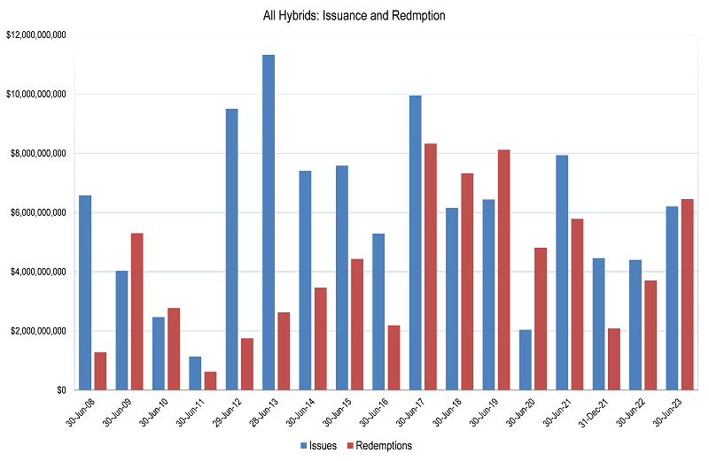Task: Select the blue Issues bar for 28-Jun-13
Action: (x=268, y=222)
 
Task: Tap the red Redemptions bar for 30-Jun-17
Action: (x=430, y=266)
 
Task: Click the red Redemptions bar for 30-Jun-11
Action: (x=210, y=380)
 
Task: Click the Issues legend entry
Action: (x=318, y=445)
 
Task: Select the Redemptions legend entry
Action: (x=380, y=445)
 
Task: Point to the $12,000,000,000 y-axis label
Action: (x=38, y=35)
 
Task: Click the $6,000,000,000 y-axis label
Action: (x=38, y=212)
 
